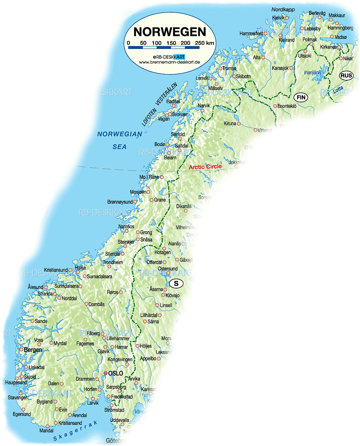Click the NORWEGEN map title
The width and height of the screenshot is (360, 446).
click(169, 31)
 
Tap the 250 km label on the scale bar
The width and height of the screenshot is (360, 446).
click(205, 43)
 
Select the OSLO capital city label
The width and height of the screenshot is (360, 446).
click(116, 373)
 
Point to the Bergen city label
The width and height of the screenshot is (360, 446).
click(33, 350)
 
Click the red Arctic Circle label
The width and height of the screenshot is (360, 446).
click(205, 167)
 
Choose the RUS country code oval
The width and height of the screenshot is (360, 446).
click(346, 76)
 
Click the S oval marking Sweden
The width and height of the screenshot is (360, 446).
click(176, 284)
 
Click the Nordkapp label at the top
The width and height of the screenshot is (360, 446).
click(283, 10)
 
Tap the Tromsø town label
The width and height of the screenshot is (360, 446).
click(230, 68)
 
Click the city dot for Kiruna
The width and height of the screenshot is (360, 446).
click(238, 124)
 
